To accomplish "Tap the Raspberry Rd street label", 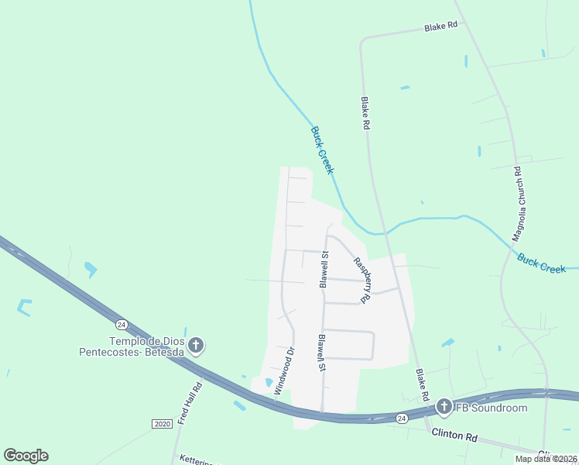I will click(x=361, y=279).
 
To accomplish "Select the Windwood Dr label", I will click(x=285, y=370).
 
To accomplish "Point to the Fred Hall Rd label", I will click(x=190, y=402).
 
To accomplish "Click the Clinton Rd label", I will click(x=454, y=436).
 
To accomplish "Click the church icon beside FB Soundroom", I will click(x=444, y=406).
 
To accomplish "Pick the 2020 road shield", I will click(x=162, y=423).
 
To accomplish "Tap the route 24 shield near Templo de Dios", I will click(x=122, y=323).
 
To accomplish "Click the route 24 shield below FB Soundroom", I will click(x=402, y=418).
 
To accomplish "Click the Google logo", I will click(x=26, y=455).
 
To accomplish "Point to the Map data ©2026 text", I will click(x=546, y=459).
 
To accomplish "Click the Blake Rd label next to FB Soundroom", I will click(x=422, y=385).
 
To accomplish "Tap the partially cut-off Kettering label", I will click(x=195, y=460).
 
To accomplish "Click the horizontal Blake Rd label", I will click(x=440, y=26).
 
